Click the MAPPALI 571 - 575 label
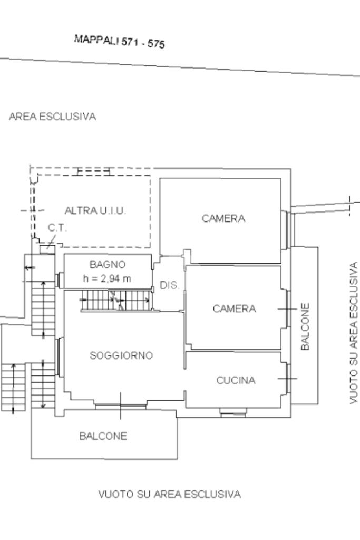pos(119,42)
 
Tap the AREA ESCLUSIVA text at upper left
pos(53,117)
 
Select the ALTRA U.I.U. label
pos(95,210)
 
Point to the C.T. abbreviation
pos(57,227)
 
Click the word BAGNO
pos(107,264)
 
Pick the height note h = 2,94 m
pos(107,278)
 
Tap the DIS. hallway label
pos(169,286)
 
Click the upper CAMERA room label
pos(223,218)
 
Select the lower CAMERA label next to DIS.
pos(234,308)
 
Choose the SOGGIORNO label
pos(121,355)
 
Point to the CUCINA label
pos(236,380)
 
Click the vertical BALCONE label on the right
pos(305,326)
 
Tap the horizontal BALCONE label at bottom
pos(103,436)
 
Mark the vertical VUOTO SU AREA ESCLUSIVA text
pos(354,333)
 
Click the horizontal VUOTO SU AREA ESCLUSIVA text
pos(170,494)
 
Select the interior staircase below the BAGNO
pos(116,302)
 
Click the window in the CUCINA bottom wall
pos(233,412)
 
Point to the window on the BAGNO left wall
pos(60,280)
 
